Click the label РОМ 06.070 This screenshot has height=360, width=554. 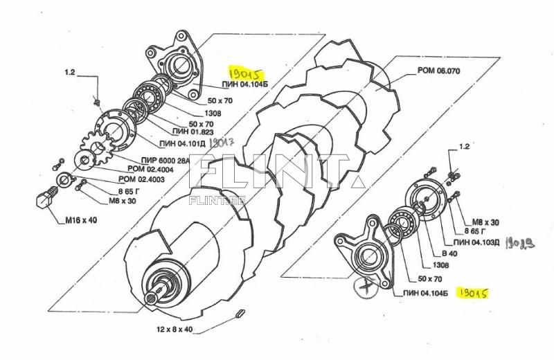(x=439, y=71)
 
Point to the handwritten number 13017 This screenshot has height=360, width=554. (x=223, y=142)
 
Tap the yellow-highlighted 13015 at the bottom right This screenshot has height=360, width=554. (x=474, y=294)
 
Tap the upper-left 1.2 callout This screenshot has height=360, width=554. (x=70, y=71)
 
